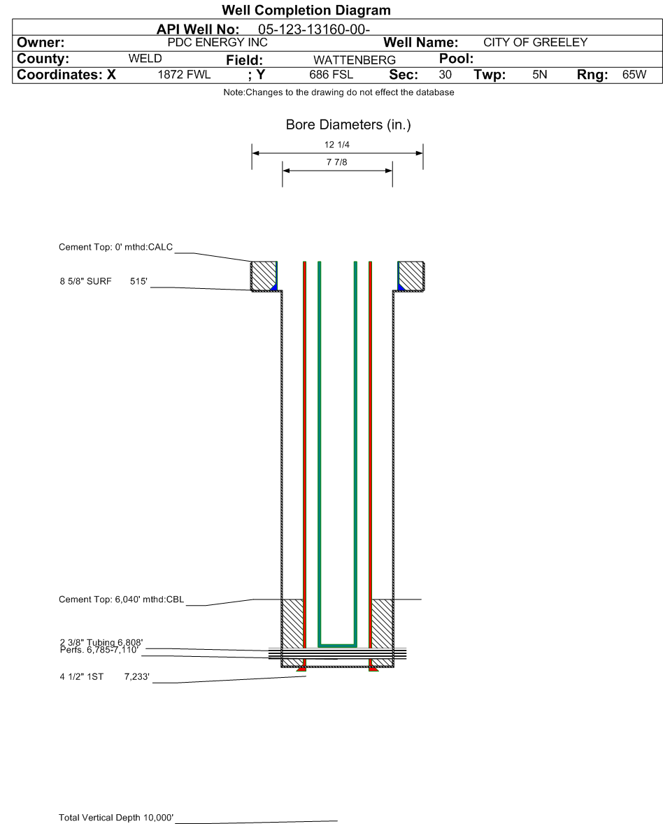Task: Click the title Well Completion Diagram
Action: point(306,10)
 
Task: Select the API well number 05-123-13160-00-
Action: point(314,29)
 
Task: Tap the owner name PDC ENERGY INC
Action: point(218,43)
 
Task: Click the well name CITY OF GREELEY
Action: point(535,43)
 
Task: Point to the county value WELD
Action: point(145,58)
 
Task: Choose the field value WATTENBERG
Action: point(355,60)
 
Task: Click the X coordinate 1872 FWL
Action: point(184,75)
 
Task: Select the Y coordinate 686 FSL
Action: point(331,75)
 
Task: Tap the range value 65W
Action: point(634,75)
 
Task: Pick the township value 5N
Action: point(539,75)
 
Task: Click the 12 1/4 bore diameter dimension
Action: point(337,145)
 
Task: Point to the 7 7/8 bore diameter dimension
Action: point(337,162)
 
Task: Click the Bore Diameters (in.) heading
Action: point(348,125)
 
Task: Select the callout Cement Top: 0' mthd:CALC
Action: point(115,247)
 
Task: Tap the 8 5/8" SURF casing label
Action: point(85,281)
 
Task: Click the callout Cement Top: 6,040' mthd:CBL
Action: point(122,599)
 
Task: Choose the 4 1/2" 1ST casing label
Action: point(81,677)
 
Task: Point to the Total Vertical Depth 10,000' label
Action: point(115,817)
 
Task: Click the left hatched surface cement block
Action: point(263,276)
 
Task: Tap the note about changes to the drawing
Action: point(339,92)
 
